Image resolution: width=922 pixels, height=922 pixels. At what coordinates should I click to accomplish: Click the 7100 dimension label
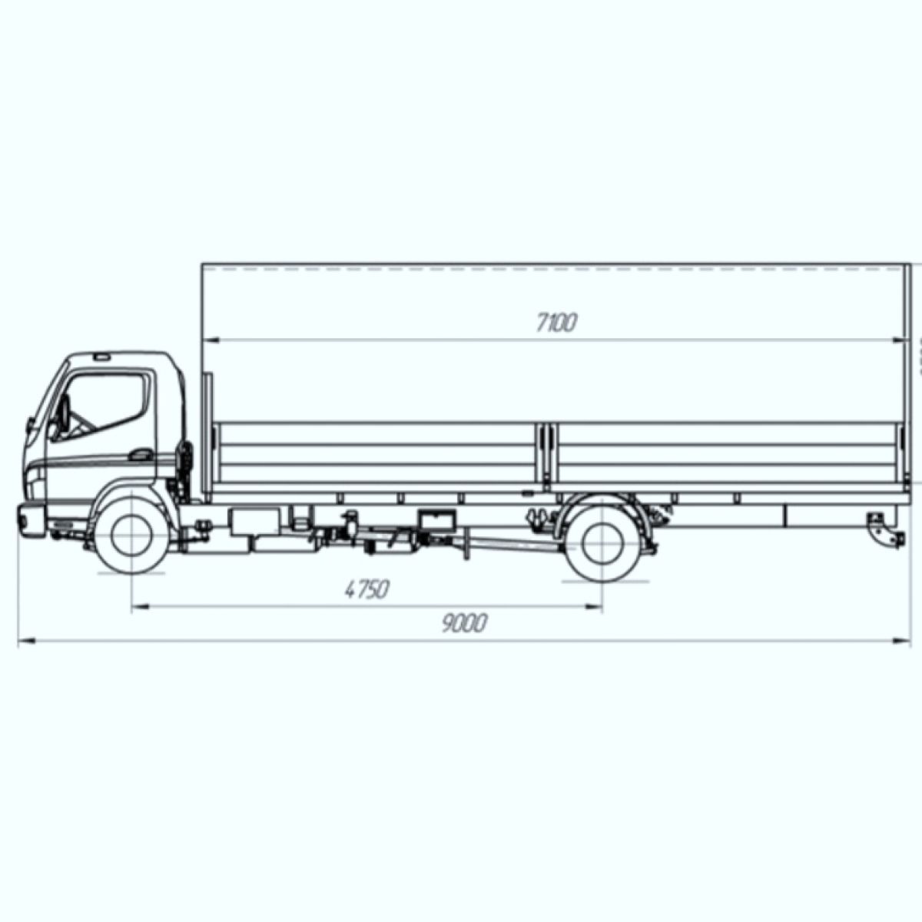click(x=556, y=323)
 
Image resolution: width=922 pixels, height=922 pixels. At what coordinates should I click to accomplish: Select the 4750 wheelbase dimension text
click(x=367, y=590)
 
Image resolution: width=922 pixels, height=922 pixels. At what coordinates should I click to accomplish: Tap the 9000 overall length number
click(x=464, y=623)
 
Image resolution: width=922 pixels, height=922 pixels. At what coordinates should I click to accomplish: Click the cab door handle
click(x=141, y=454)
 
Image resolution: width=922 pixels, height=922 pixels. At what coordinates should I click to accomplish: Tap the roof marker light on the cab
click(x=101, y=357)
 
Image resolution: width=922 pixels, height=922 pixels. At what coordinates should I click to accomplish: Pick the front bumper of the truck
click(x=31, y=520)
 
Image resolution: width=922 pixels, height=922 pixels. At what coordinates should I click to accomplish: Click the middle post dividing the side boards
click(x=546, y=453)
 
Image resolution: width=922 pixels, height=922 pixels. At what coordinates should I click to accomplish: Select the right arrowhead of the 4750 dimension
click(x=597, y=608)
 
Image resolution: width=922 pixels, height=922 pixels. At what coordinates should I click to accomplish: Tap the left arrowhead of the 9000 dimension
click(x=23, y=639)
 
